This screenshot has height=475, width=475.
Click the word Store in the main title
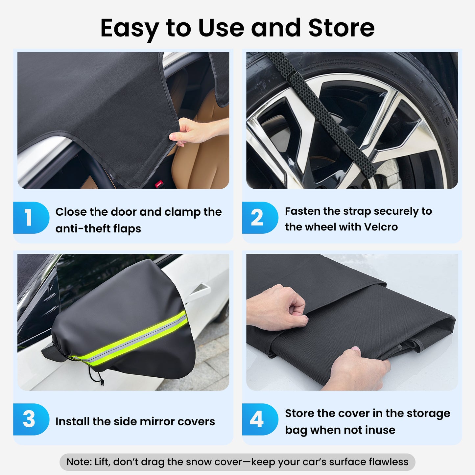(341, 28)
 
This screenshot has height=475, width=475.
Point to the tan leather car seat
(204, 158)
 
